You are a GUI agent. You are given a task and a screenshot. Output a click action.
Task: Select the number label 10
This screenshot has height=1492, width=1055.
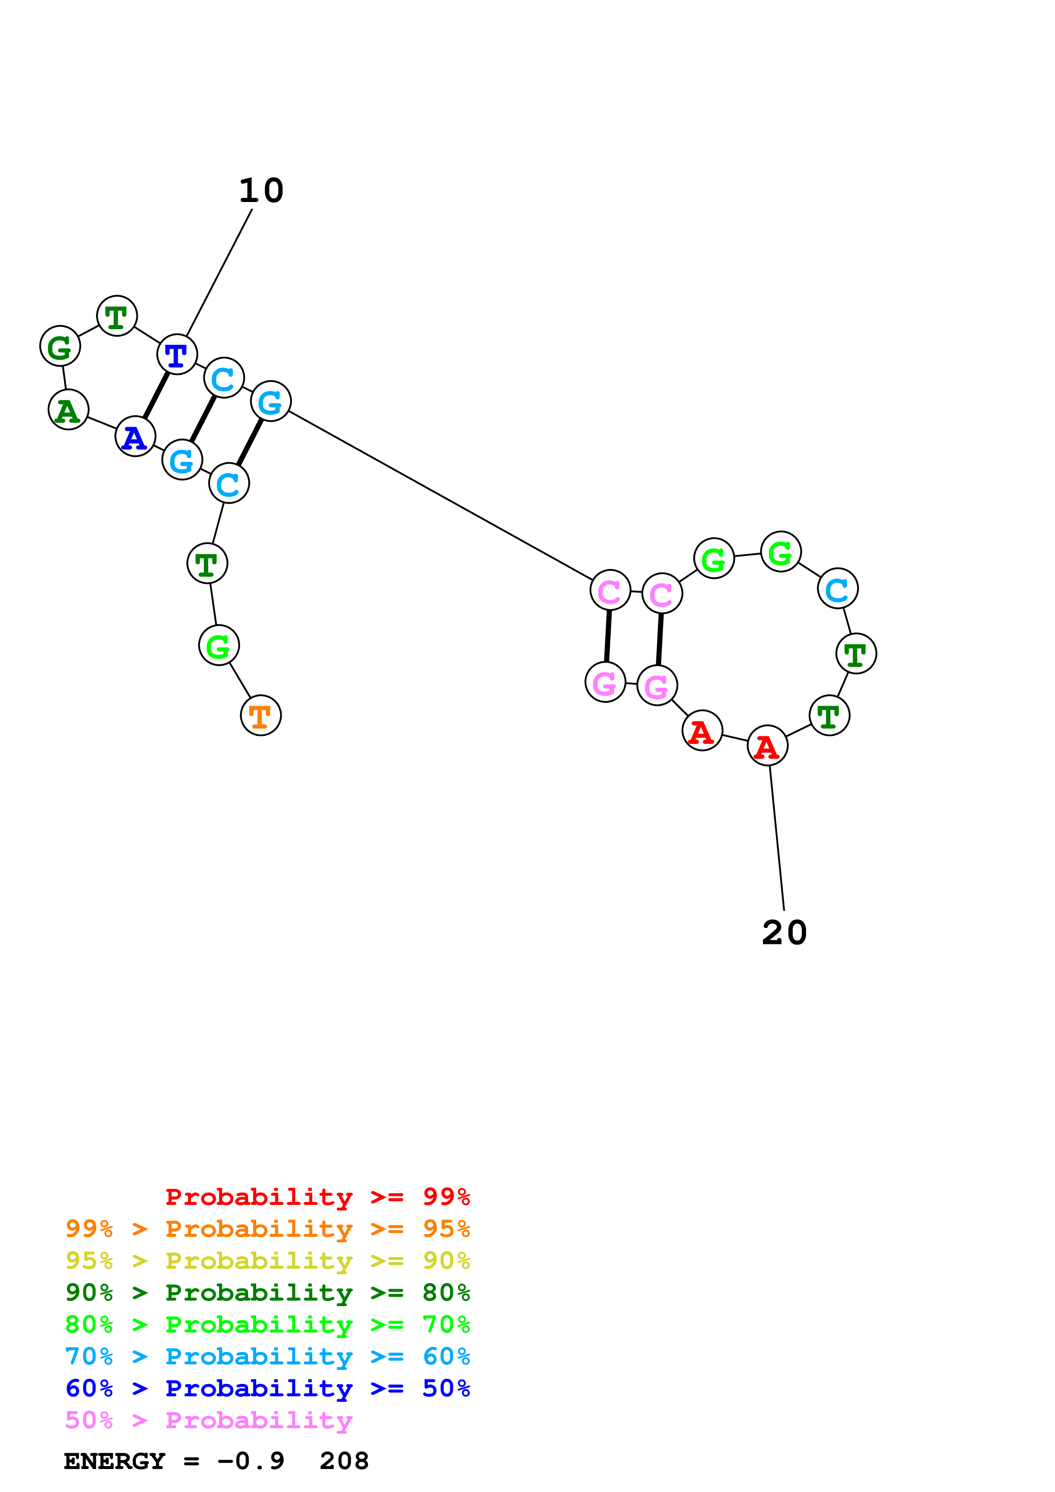(x=261, y=191)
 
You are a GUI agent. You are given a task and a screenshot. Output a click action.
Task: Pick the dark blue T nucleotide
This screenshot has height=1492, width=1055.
(x=177, y=355)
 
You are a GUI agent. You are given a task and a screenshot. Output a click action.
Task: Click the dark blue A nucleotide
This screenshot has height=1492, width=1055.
(x=135, y=437)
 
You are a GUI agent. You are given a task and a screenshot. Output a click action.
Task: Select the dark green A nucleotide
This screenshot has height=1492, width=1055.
(x=68, y=410)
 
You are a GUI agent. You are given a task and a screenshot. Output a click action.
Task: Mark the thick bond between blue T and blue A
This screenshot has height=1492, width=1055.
(x=156, y=396)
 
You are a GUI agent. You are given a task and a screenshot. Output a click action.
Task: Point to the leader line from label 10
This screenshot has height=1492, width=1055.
(x=219, y=273)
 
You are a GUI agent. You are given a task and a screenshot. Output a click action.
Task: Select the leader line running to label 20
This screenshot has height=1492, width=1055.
(x=777, y=838)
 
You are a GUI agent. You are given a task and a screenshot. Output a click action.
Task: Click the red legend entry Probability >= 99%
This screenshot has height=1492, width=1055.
(x=317, y=1197)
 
